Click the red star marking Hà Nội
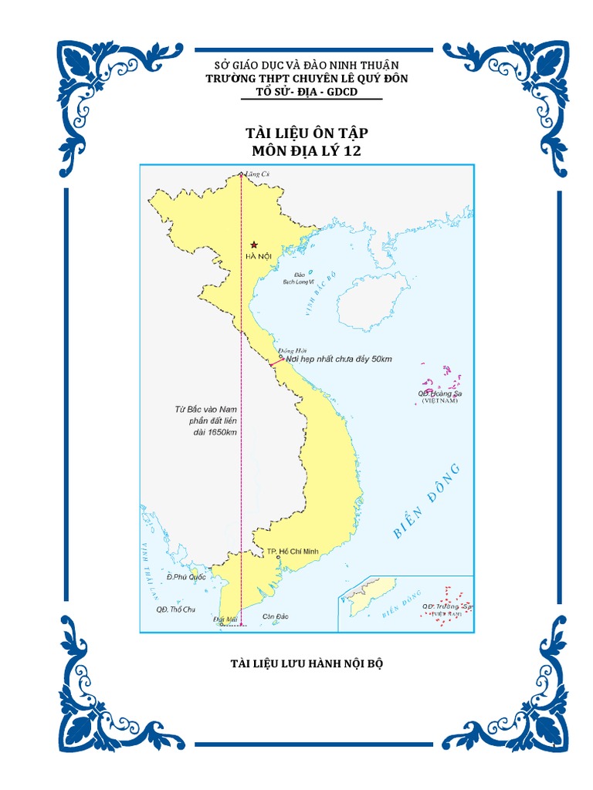[254, 245]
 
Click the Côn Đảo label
[276, 616]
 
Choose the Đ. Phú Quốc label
[187, 576]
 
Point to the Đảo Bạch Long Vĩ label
[301, 279]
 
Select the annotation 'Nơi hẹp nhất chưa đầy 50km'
[339, 360]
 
